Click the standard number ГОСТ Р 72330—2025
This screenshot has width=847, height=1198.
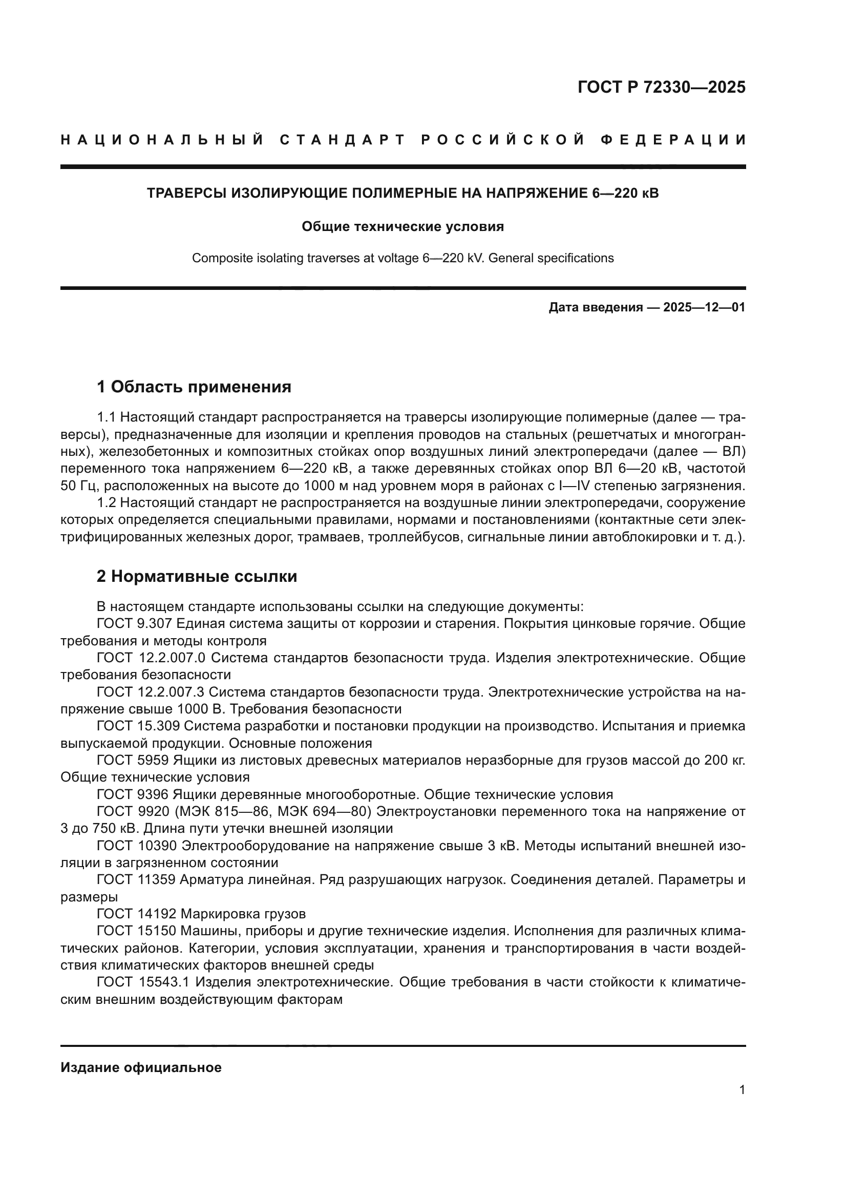(x=661, y=87)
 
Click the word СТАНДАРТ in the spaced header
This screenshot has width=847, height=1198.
(x=342, y=140)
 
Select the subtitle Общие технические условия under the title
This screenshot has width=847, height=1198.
(x=403, y=226)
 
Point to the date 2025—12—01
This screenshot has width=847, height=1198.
(x=704, y=307)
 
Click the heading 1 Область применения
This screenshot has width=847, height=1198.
(x=194, y=387)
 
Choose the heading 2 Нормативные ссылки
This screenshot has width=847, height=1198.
(x=197, y=577)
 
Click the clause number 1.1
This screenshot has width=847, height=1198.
(x=107, y=417)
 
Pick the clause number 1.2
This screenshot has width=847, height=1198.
(x=107, y=503)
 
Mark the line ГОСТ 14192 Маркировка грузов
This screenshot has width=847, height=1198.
(x=201, y=914)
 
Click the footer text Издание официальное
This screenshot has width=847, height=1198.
(x=141, y=1067)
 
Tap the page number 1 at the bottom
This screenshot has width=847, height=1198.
(x=742, y=1089)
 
